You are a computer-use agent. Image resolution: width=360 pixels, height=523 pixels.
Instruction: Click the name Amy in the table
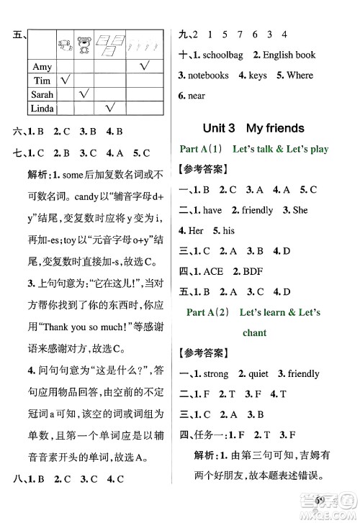[x=42, y=67]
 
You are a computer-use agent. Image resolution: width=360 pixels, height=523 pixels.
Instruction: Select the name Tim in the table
[x=42, y=81]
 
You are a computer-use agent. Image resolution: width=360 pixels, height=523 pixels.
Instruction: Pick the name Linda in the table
[x=43, y=108]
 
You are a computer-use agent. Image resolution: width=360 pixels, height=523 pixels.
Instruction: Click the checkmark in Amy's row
[x=143, y=66]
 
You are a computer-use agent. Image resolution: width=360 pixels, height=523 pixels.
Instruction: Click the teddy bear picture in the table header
[x=86, y=45]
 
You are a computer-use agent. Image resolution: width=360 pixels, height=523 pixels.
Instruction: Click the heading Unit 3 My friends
[x=264, y=128]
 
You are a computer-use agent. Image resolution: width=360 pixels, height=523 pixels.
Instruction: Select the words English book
[x=289, y=55]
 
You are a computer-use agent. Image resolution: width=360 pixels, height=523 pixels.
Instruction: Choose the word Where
[x=300, y=75]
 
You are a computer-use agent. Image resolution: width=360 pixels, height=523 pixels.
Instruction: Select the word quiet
[x=263, y=373]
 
